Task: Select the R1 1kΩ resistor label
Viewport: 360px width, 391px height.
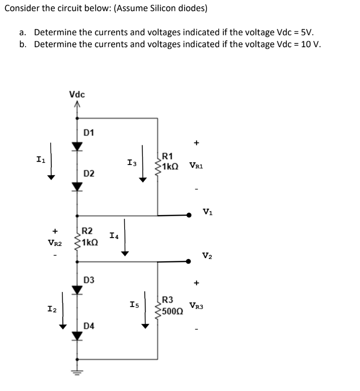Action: click(171, 161)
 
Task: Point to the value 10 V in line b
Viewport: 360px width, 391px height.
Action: click(311, 44)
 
